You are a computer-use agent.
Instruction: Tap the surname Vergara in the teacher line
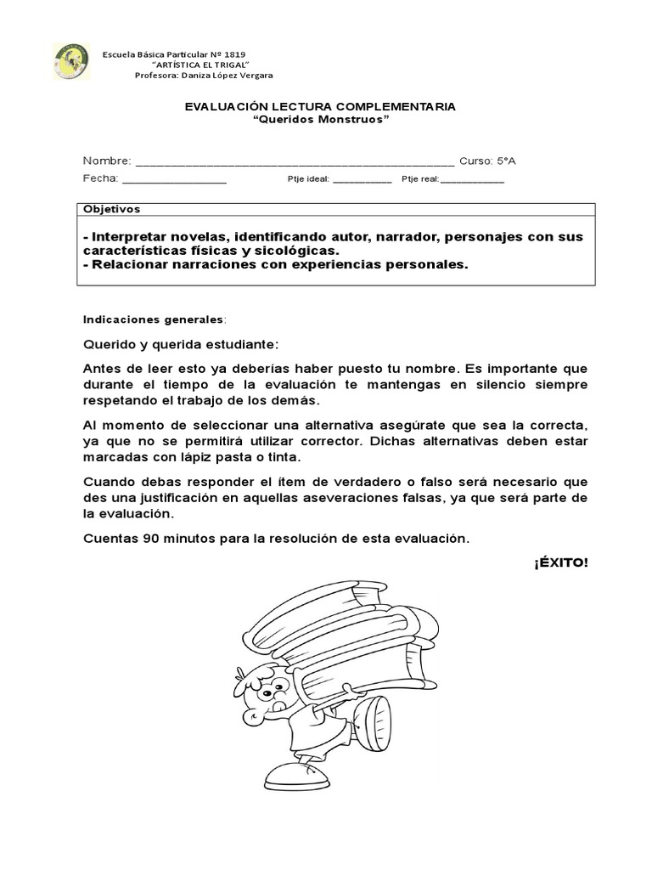point(253,75)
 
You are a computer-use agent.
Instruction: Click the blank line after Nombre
point(295,161)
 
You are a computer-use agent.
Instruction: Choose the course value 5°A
point(506,161)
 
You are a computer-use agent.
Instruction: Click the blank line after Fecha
point(175,179)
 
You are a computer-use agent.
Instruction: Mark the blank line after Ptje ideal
point(362,180)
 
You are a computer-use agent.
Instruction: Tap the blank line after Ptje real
point(472,180)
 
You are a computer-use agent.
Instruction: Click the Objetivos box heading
point(112,209)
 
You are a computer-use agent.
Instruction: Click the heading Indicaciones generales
point(154,319)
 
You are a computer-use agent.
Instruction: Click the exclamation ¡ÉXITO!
point(560,564)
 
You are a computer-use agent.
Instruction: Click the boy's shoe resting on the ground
point(293,774)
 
